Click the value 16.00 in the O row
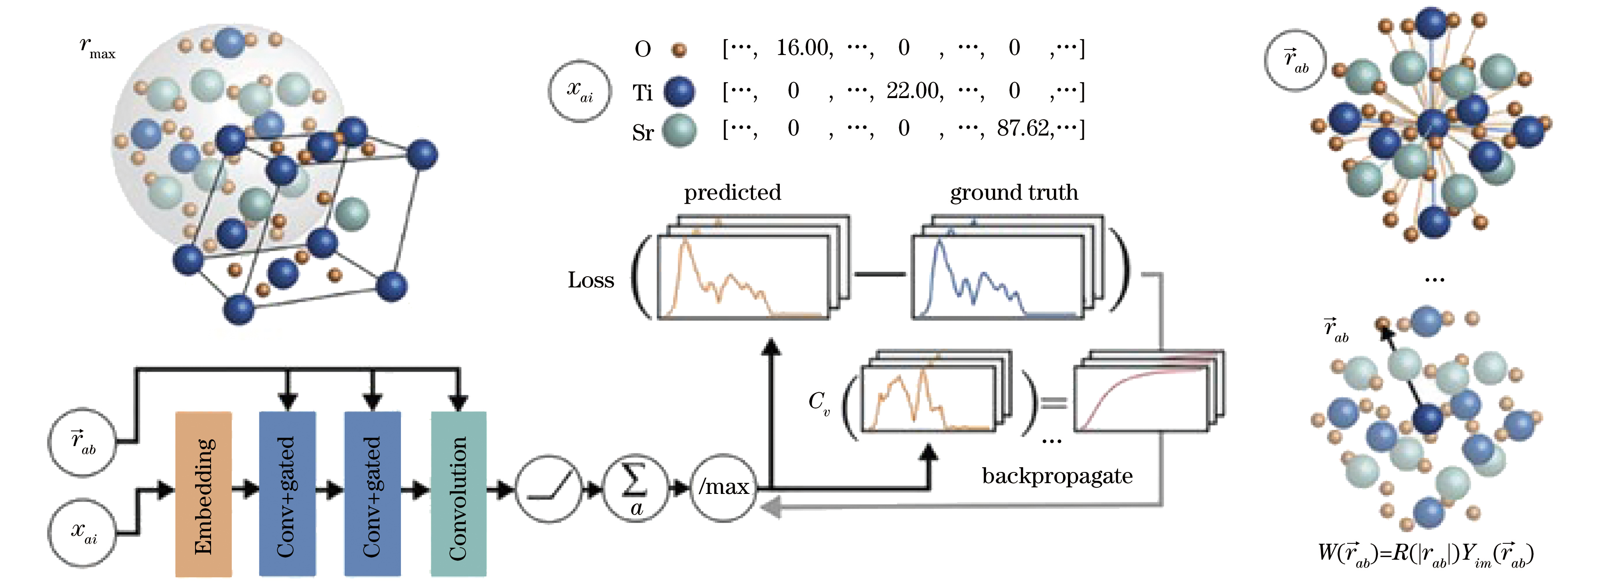(x=804, y=48)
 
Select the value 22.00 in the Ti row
(x=915, y=91)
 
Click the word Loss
(x=590, y=280)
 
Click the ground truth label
(x=1014, y=193)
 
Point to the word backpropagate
(x=1057, y=476)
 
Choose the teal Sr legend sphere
(x=679, y=130)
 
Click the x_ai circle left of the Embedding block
(x=83, y=533)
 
